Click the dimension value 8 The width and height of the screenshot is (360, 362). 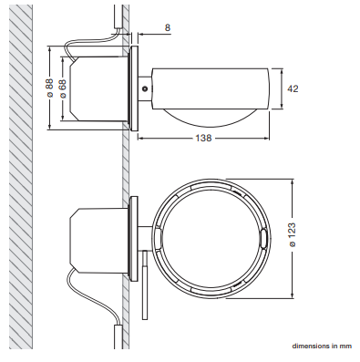pos(168,27)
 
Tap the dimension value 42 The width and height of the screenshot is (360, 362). pos(293,88)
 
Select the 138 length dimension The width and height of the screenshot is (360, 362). pos(203,139)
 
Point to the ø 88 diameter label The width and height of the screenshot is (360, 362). pos(49,88)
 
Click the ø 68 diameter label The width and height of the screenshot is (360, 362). pos(63,88)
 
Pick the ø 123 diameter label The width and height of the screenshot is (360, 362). pos(292,235)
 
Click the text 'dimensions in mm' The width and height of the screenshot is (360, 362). pos(322,346)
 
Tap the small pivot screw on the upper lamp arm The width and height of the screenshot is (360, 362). pos(145,88)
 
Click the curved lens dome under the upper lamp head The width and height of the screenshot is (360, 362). pos(211,117)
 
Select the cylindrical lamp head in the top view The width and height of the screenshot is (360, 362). pos(211,88)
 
